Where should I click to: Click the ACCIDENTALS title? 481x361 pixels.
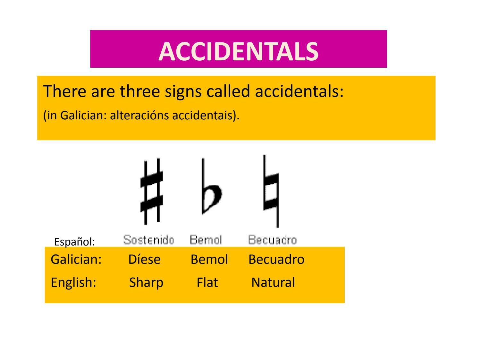pos(238,51)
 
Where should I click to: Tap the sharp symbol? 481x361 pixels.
pos(151,192)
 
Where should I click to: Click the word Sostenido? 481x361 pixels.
pos(149,240)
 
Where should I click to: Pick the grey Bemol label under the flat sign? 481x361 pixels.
pos(206,240)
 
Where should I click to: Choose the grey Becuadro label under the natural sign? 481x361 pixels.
pos(273,240)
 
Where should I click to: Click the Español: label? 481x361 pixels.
pos(74,242)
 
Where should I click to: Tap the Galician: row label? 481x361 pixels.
pos(76,259)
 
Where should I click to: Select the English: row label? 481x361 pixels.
pos(73,282)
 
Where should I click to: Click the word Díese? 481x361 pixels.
pos(144,259)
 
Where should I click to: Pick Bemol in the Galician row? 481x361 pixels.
pos(209,259)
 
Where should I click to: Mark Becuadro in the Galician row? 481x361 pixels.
pos(276,259)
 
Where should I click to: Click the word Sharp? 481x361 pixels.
pos(146,282)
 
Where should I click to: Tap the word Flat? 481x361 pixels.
pos(207,282)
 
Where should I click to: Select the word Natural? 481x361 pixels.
pos(273,282)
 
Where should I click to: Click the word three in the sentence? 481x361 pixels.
pos(139,91)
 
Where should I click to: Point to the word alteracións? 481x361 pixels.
pos(139,115)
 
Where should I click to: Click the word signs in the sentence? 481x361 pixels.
pos(183,92)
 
